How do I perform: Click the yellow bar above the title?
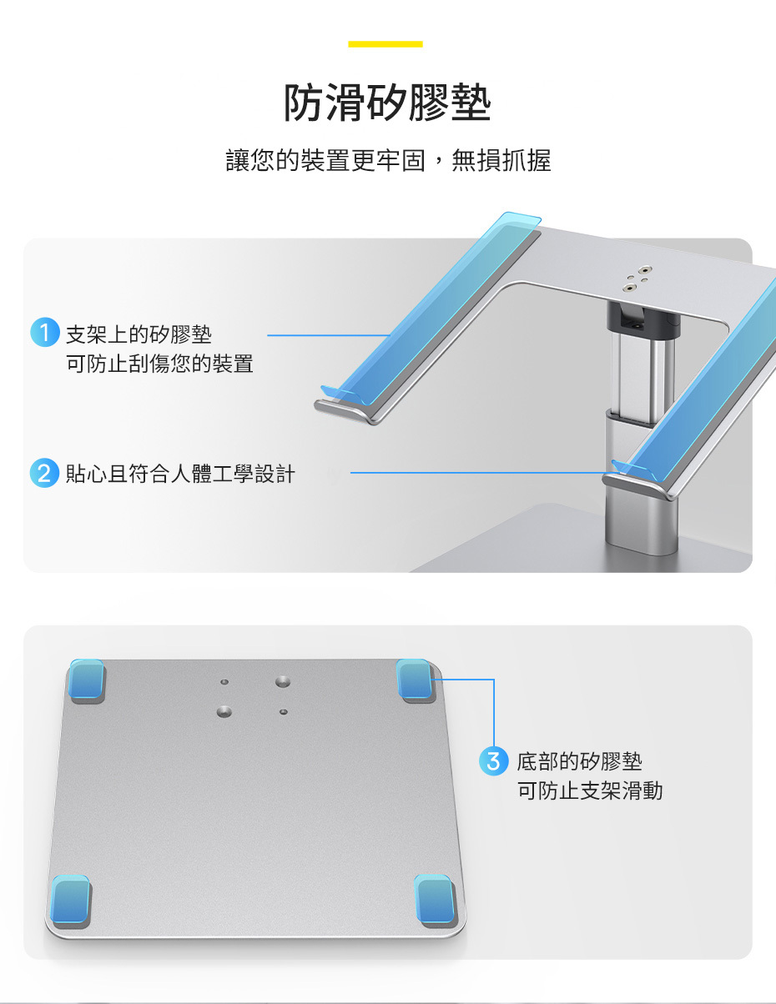(385, 44)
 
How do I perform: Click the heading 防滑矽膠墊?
(387, 103)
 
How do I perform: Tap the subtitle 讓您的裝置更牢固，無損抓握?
(388, 160)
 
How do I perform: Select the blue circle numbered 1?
(45, 332)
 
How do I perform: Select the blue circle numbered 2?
(44, 473)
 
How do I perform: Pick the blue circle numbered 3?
(494, 761)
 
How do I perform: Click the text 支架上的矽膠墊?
(139, 334)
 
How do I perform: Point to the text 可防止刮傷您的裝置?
(159, 364)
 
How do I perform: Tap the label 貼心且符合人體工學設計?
(180, 474)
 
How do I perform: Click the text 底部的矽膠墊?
(580, 761)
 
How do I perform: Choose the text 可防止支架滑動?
(590, 791)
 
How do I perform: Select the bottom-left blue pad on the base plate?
(70, 899)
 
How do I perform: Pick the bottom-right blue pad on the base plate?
(434, 899)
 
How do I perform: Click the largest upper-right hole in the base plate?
(283, 681)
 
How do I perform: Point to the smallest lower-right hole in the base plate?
(284, 712)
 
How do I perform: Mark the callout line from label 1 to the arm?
(329, 335)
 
